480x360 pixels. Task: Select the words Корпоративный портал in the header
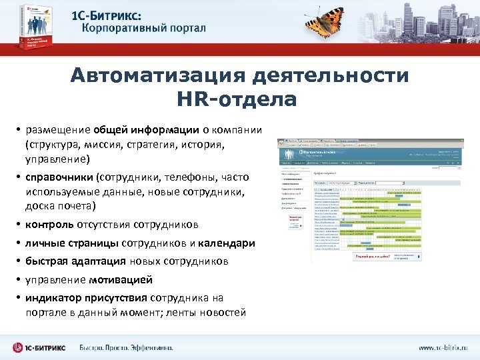click(144, 29)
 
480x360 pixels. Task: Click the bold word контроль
click(50, 224)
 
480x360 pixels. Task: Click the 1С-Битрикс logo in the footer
click(41, 347)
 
